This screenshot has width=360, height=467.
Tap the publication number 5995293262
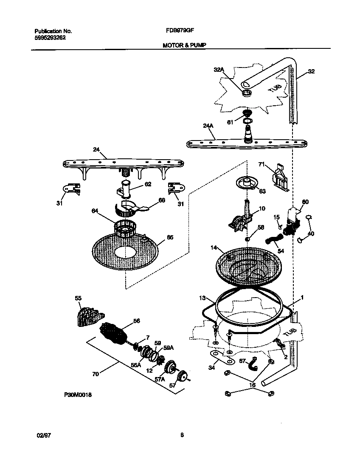pos(50,37)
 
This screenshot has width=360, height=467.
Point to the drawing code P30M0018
pos(78,395)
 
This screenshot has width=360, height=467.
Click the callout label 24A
pos(208,126)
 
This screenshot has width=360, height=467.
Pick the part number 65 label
pos(170,237)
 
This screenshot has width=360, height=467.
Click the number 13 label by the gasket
pos(202,298)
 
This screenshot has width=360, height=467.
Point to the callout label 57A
pos(159,379)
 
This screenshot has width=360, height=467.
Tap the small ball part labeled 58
pos(246,239)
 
